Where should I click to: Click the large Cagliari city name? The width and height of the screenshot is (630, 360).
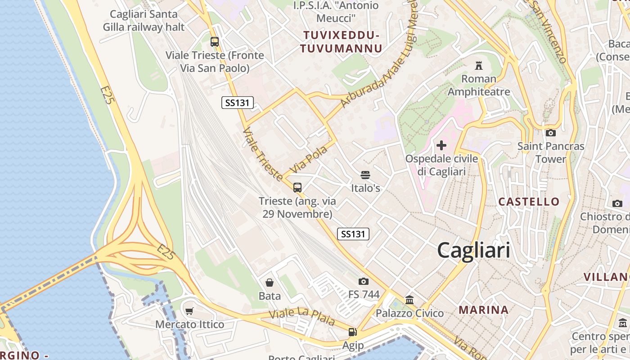tap(473, 250)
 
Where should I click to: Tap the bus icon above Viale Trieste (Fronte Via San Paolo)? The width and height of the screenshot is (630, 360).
tap(215, 42)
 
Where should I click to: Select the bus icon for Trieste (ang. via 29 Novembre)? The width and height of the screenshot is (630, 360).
tap(297, 188)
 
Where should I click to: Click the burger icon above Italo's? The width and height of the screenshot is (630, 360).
tap(365, 175)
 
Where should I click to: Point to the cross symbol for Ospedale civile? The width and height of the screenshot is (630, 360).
tap(441, 145)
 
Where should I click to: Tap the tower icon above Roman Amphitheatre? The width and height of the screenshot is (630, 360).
tap(479, 66)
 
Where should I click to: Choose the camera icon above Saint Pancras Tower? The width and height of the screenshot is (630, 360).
tap(550, 133)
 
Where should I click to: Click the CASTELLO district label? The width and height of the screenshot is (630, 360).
tap(529, 202)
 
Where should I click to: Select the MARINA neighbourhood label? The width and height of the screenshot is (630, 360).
tap(484, 310)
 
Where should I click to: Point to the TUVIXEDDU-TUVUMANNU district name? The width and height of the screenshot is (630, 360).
tap(342, 42)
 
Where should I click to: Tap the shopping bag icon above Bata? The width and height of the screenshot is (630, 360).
tap(270, 283)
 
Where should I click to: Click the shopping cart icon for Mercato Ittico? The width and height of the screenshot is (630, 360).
tap(189, 311)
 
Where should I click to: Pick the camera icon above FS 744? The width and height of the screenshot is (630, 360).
tap(364, 282)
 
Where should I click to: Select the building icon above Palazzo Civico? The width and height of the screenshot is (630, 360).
tap(409, 300)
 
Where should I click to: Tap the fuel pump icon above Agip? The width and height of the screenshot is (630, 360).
tap(352, 332)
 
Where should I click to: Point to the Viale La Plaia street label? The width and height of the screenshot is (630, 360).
tap(302, 316)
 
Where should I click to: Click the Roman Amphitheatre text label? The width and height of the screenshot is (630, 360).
tap(479, 85)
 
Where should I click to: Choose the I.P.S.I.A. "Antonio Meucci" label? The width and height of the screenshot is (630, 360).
tap(336, 12)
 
